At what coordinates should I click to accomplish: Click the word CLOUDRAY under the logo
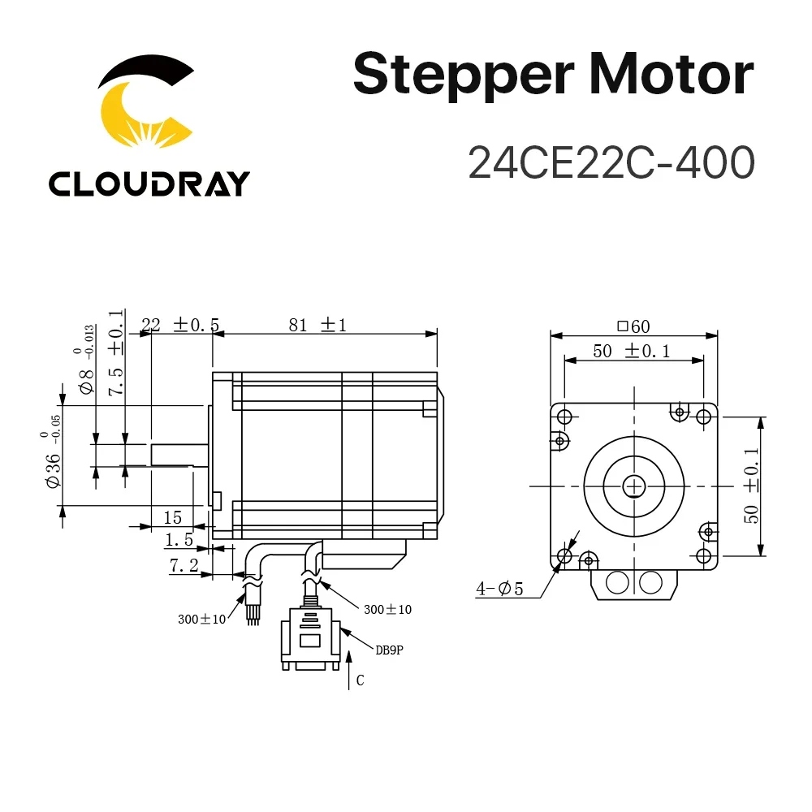click(149, 183)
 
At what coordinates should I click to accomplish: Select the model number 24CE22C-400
click(611, 162)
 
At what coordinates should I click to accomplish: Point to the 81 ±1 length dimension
click(316, 325)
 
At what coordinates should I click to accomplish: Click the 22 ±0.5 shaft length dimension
click(179, 325)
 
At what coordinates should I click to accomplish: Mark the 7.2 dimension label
click(184, 566)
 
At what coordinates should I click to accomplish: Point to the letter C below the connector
click(360, 681)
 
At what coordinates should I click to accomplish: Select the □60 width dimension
click(633, 326)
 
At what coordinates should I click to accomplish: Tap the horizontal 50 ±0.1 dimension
click(633, 352)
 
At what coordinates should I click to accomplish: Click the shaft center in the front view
click(633, 486)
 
